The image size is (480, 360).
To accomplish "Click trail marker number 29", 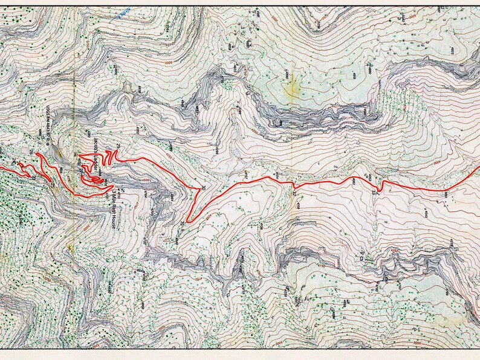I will click(117, 147).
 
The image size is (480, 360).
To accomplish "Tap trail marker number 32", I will click(294, 194).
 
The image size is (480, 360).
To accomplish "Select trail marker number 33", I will click(375, 192).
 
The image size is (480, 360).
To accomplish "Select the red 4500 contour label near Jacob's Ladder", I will click(129, 179).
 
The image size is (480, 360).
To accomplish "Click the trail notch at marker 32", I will click(294, 185).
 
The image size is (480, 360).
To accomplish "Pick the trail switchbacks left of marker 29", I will click(107, 158).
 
